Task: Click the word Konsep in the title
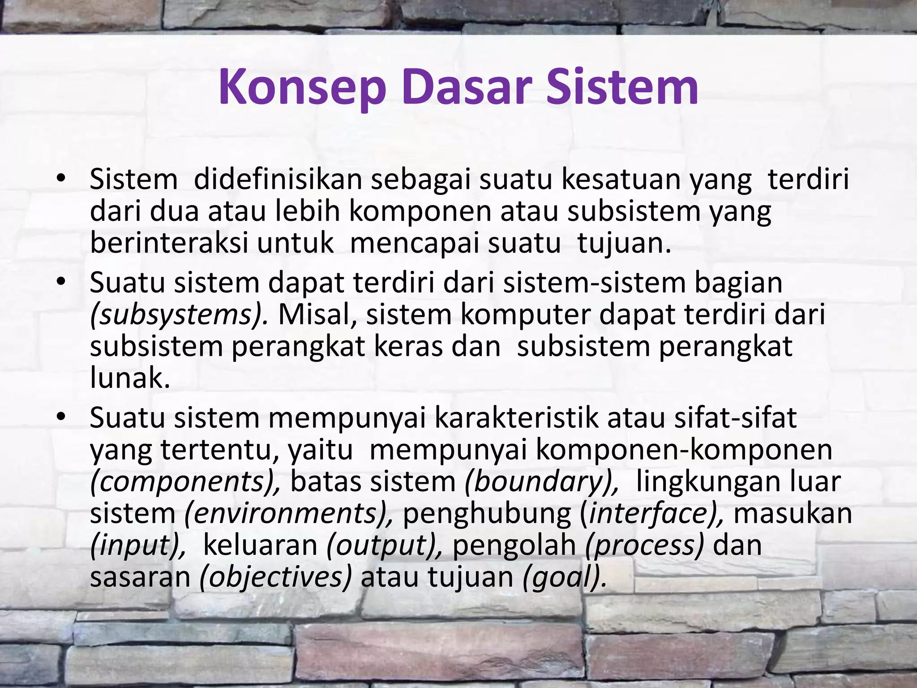[x=302, y=87]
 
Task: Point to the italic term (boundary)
[x=542, y=482]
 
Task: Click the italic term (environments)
[x=289, y=514]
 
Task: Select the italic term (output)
[x=385, y=546]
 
